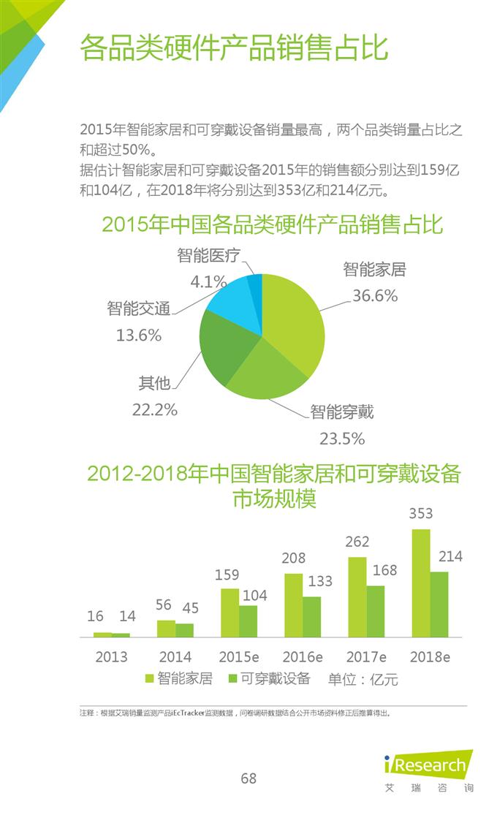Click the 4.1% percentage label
tap(208, 281)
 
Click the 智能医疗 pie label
tap(206, 256)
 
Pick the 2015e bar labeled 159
tap(229, 613)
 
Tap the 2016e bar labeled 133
tap(312, 617)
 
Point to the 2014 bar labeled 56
tap(166, 629)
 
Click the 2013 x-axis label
tap(111, 656)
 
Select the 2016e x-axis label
tap(302, 656)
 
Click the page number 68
tap(248, 778)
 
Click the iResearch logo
tap(428, 767)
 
